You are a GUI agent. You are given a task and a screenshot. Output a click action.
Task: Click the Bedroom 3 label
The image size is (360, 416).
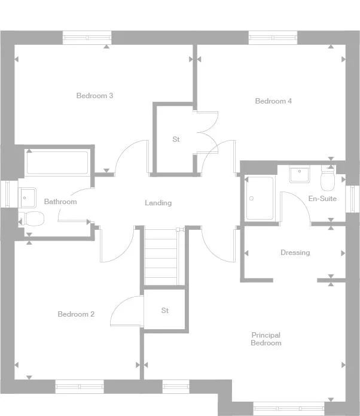tap(94, 96)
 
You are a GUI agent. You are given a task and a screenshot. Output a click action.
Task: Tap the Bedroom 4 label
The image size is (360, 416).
tap(273, 101)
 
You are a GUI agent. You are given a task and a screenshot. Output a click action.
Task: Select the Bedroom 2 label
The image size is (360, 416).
tap(76, 314)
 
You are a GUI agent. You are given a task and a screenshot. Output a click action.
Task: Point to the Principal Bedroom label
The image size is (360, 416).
tap(266, 339)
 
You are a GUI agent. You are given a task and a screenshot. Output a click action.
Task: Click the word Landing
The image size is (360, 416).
tap(158, 203)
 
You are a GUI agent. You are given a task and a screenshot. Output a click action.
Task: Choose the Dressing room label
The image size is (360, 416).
tap(295, 253)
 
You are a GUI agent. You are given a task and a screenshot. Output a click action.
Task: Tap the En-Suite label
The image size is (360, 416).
tap(322, 199)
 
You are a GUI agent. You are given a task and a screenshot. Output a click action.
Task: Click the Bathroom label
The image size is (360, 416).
tap(60, 202)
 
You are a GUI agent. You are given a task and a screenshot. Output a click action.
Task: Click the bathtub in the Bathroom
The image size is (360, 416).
tap(57, 163)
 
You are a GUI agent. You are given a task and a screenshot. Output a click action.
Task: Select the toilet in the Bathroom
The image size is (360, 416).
tap(32, 218)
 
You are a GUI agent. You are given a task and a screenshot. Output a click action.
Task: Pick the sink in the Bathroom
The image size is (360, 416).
tap(27, 198)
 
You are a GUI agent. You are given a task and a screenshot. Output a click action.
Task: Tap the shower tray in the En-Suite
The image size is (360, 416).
tap(260, 198)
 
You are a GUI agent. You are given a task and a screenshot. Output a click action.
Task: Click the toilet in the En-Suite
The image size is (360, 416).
tap(328, 178)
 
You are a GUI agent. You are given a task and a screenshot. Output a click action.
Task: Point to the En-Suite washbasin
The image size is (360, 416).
tap(300, 175)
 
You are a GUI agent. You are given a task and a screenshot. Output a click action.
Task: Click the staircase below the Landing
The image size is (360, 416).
tap(161, 257)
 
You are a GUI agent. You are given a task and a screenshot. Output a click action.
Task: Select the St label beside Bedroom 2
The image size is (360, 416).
tap(165, 311)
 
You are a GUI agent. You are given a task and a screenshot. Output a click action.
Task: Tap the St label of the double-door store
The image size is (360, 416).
tap(176, 139)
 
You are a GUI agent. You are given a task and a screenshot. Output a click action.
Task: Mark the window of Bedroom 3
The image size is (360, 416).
tap(87, 38)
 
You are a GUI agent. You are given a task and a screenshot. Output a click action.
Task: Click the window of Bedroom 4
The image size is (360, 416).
tap(273, 38)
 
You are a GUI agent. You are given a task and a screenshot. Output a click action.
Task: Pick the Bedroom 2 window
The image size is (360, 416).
tap(80, 387)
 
